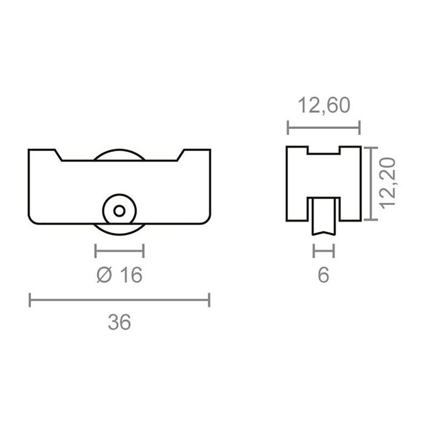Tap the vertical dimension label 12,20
click(388, 183)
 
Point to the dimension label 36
click(120, 322)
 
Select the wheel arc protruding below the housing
click(120, 228)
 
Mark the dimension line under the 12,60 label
click(323, 127)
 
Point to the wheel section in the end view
click(323, 216)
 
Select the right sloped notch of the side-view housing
click(181, 156)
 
